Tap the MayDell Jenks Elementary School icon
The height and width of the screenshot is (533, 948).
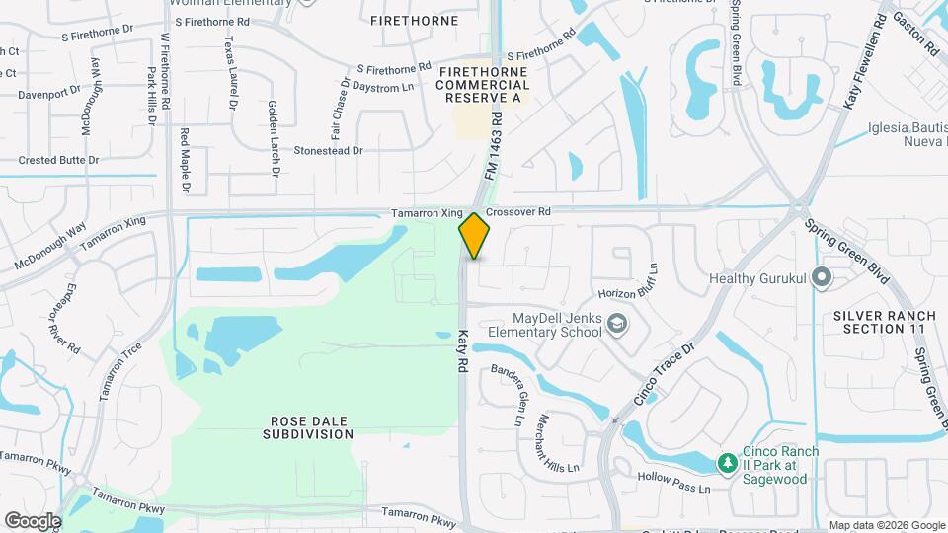coord(616,325)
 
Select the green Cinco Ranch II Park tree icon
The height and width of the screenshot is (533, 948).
coord(727,462)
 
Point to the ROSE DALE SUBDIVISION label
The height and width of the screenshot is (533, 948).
coord(310,427)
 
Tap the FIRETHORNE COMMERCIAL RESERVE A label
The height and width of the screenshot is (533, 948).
coord(484,86)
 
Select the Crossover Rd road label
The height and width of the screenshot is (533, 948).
coord(517,211)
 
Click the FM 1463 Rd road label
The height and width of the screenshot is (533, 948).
coord(493,144)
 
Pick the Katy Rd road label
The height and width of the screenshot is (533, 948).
coord(461,350)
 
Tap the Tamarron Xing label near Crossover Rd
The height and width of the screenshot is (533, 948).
coord(427,212)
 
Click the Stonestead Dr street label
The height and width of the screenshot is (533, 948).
coord(329,151)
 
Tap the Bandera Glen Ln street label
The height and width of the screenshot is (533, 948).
coord(505,395)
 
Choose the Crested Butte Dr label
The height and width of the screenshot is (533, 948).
coord(59,160)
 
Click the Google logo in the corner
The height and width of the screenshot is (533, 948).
coord(33,520)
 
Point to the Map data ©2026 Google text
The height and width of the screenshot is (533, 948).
coord(886,525)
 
